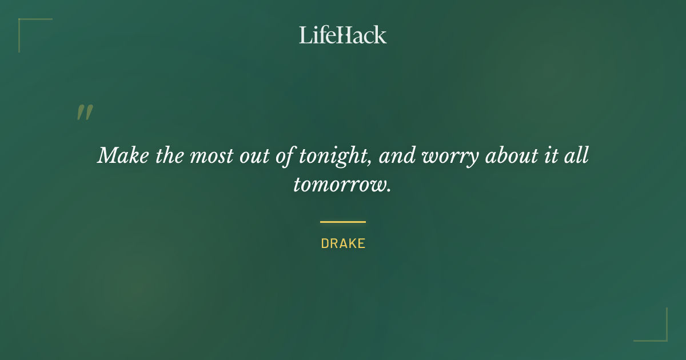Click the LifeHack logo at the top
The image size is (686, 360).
click(342, 35)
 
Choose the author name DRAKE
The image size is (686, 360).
click(343, 243)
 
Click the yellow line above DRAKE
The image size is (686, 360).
click(343, 222)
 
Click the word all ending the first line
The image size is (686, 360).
click(577, 155)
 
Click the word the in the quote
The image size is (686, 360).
click(169, 155)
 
